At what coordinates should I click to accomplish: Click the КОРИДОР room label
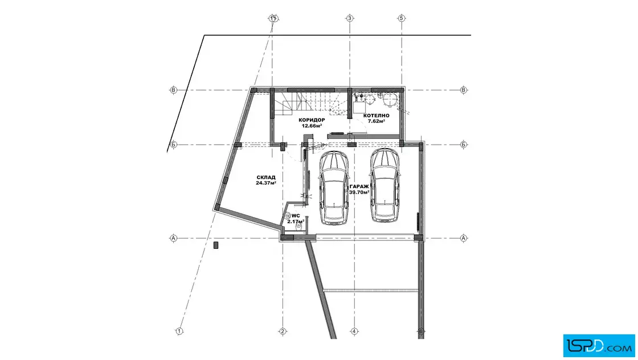[x=312, y=120]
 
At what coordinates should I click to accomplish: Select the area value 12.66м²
[x=312, y=126]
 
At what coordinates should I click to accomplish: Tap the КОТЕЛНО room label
[x=377, y=116]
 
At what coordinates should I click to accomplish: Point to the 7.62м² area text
[x=377, y=121]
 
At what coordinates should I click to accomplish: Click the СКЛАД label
[x=266, y=177]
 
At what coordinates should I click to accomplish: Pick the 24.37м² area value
[x=266, y=183]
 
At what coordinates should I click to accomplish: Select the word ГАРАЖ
[x=359, y=187]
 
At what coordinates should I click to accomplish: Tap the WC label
[x=296, y=215]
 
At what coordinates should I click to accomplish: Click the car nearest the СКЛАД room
[x=334, y=188]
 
